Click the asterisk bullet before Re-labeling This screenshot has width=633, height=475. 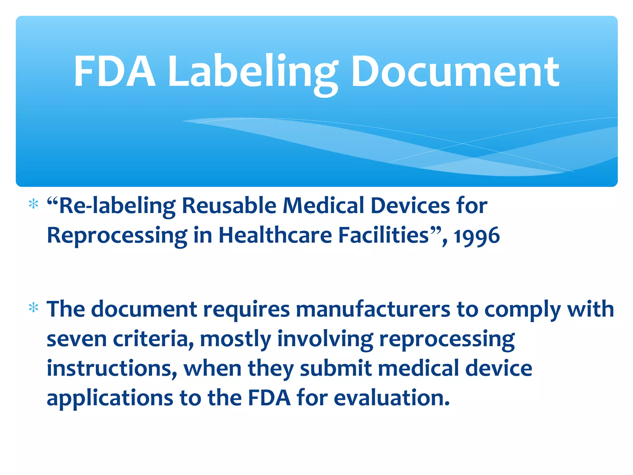tap(33, 204)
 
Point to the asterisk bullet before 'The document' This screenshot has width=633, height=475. tap(33, 308)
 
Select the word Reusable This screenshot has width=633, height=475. tap(229, 206)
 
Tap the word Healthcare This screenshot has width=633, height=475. tap(275, 235)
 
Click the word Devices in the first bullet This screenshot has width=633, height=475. tap(410, 206)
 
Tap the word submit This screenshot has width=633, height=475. tap(336, 369)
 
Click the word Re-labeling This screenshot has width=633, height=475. tap(114, 206)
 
